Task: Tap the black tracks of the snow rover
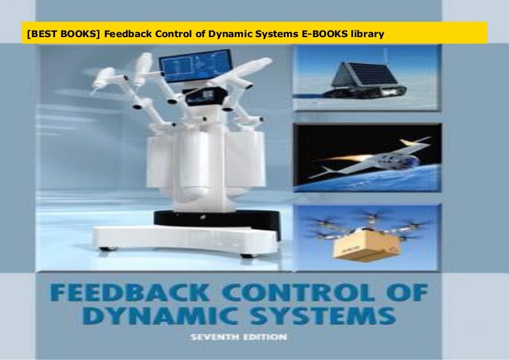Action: [361, 103]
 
